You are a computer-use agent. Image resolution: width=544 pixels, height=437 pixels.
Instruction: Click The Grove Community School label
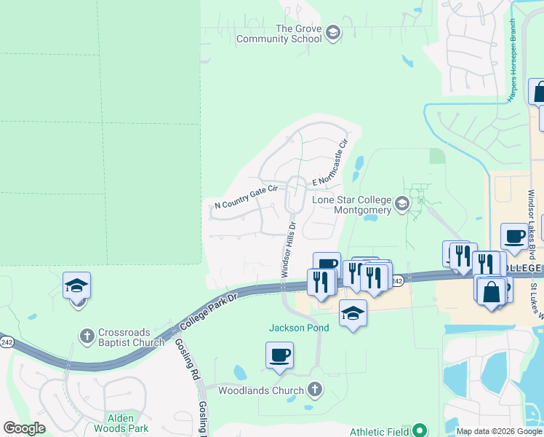click(x=297, y=34)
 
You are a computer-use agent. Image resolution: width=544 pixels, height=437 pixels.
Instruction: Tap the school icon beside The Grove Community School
click(x=332, y=34)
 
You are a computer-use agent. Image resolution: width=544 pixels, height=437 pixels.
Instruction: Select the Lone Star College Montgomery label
click(x=351, y=205)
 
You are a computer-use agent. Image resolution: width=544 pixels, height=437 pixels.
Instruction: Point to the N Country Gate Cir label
click(x=246, y=197)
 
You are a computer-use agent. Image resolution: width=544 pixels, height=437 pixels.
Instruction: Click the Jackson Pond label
click(x=299, y=328)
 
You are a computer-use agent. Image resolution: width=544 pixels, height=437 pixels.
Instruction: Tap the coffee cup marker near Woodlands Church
click(x=279, y=355)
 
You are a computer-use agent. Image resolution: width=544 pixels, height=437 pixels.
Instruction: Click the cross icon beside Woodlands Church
click(x=315, y=390)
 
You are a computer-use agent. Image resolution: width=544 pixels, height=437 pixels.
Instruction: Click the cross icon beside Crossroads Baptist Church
click(x=87, y=336)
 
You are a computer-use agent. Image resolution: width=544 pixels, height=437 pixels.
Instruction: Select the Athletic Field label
click(x=379, y=432)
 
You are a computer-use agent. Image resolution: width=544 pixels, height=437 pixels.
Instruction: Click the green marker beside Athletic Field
click(x=420, y=430)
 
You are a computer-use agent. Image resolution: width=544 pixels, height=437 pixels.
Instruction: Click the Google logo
click(x=25, y=428)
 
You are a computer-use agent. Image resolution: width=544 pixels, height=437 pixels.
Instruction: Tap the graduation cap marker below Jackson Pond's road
click(x=353, y=313)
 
